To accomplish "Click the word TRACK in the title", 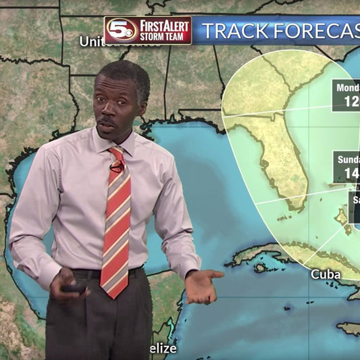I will click(234, 30).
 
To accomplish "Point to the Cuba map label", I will click(326, 274).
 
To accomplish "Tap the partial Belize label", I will click(164, 349).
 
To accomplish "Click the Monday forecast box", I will click(346, 95).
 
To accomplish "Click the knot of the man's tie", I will click(115, 155).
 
